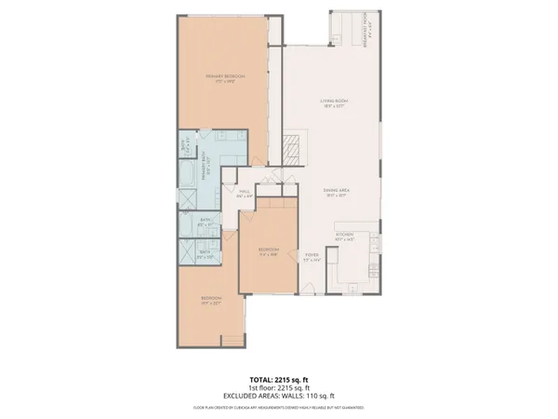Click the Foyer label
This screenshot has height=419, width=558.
(x=312, y=258)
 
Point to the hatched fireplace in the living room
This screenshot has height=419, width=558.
(x=291, y=148)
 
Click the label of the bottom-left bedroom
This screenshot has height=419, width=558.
(x=209, y=301)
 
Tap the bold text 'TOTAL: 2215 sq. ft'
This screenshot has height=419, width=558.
(x=278, y=380)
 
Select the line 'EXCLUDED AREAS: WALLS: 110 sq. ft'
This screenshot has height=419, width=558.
(x=278, y=395)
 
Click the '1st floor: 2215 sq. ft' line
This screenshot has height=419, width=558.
(x=278, y=387)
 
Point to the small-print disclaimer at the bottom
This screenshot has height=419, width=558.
(x=278, y=407)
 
